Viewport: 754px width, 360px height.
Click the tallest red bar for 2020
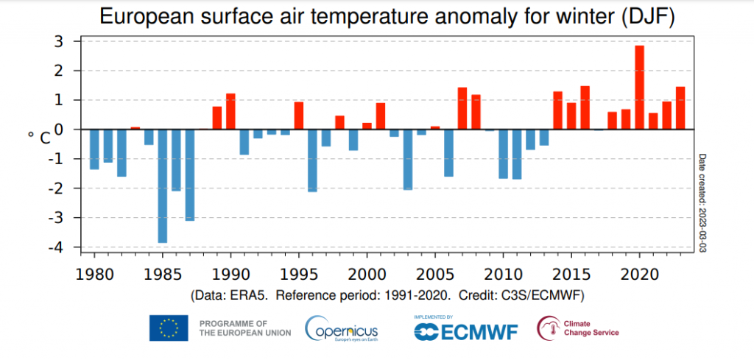[639, 87]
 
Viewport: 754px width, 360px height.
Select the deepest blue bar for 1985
[162, 186]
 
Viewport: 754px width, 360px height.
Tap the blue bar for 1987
[189, 174]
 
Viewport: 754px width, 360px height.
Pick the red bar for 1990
[230, 111]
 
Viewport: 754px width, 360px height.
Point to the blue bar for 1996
[312, 160]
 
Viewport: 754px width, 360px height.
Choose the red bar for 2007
[462, 108]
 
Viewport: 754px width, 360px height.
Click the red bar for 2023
[680, 107]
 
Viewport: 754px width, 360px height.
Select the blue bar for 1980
[94, 149]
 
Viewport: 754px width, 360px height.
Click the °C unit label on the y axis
[40, 137]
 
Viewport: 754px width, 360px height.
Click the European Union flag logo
[169, 328]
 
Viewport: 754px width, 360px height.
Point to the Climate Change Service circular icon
[547, 328]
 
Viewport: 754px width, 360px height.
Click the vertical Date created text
[702, 202]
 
